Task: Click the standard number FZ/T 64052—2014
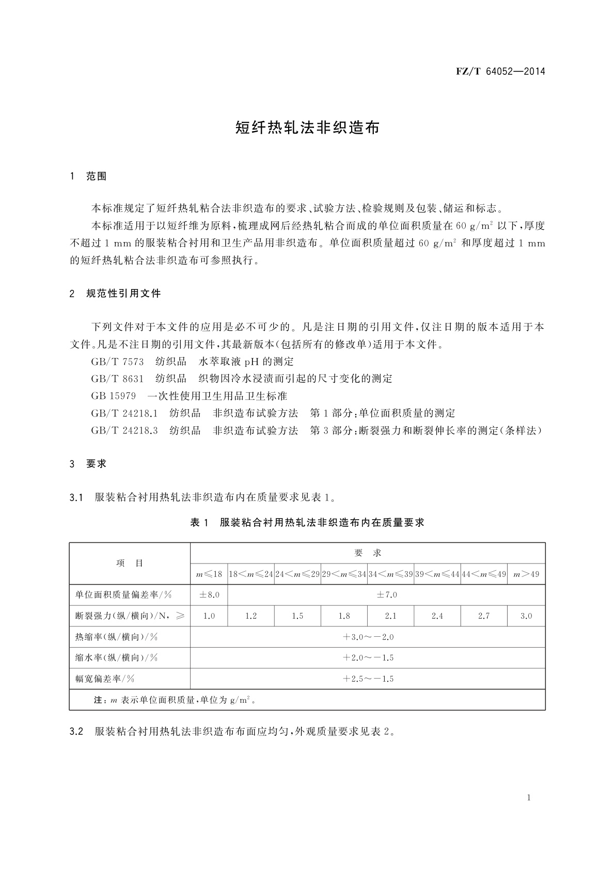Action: [x=500, y=71]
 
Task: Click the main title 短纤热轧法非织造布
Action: [x=307, y=127]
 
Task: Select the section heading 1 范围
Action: [x=88, y=176]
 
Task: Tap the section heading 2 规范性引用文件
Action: [x=115, y=294]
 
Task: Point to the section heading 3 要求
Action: [x=88, y=463]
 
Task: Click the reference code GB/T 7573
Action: [x=117, y=362]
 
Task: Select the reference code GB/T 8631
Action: [x=117, y=379]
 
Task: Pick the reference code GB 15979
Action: [x=113, y=396]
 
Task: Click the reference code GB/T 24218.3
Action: [x=124, y=430]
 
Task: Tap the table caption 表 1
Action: [x=199, y=523]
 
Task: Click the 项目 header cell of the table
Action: [x=130, y=563]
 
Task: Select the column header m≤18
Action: [x=209, y=574]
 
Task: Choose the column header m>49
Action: [x=526, y=574]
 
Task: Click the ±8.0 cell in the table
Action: [x=209, y=595]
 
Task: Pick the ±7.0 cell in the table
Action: [x=386, y=595]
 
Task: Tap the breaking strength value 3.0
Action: [x=526, y=616]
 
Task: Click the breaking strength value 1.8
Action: [x=344, y=616]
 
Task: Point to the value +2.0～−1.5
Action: [x=368, y=658]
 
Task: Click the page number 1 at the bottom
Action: [x=529, y=798]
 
